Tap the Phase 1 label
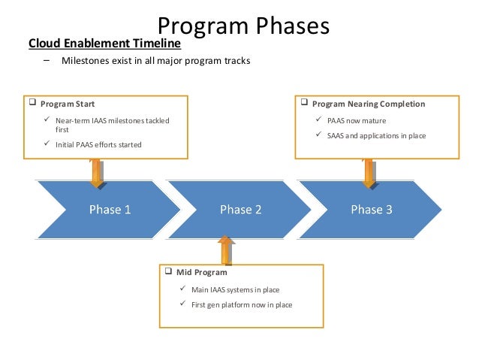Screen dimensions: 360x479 (110, 210)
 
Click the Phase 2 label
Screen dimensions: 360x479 (240, 210)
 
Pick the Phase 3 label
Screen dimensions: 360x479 (371, 210)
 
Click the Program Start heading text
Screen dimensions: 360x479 (68, 104)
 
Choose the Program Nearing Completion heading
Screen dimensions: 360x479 (368, 104)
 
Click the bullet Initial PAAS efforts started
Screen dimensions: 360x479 (98, 144)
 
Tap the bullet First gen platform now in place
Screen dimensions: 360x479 (242, 304)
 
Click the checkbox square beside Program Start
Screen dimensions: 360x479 (32, 104)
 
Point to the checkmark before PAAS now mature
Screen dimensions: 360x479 (320, 119)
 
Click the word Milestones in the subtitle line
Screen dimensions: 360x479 (83, 60)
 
